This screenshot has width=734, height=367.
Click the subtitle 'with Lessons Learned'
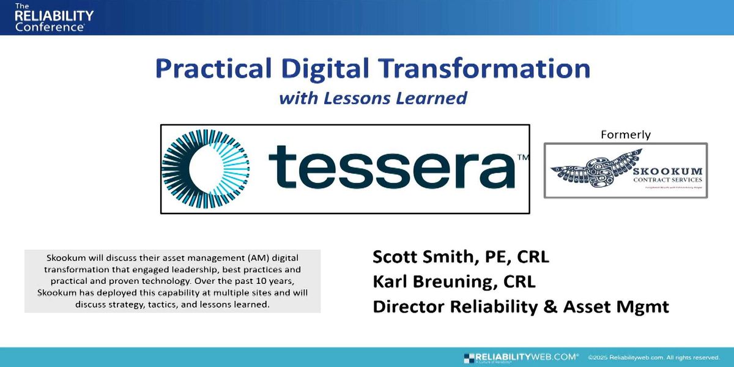click(373, 98)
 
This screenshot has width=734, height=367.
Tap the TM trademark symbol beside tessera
click(523, 158)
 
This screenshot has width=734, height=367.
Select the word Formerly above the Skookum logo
click(626, 135)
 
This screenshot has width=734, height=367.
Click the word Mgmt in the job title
click(646, 306)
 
